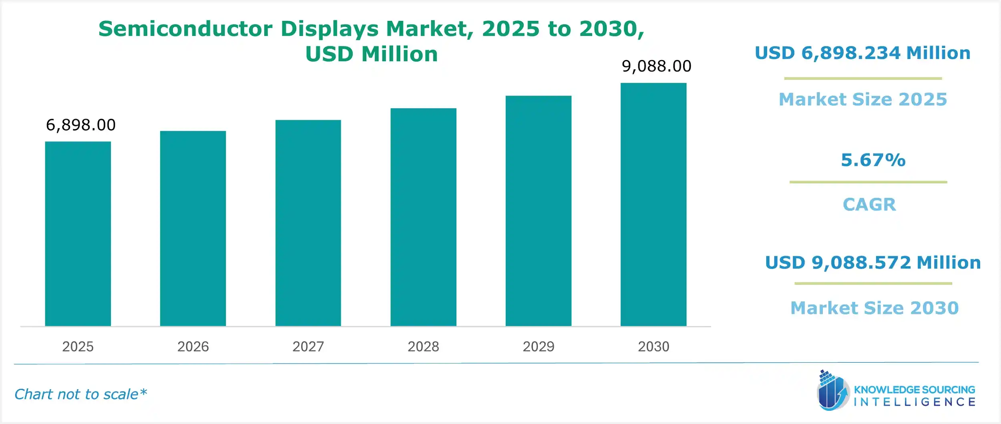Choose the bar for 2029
(x=538, y=211)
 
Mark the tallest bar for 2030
(x=653, y=204)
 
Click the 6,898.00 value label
(x=80, y=125)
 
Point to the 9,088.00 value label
(x=656, y=66)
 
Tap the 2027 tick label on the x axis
(x=308, y=346)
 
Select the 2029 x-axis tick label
(x=538, y=346)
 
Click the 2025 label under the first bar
(x=78, y=346)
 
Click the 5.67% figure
(x=873, y=160)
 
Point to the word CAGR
(x=869, y=205)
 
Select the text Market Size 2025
(x=863, y=99)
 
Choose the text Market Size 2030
(x=874, y=308)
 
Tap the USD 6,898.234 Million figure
(x=862, y=53)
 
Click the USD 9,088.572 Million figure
(x=873, y=263)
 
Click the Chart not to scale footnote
(x=80, y=394)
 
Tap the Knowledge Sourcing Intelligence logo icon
(x=832, y=391)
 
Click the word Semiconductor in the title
(x=185, y=29)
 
